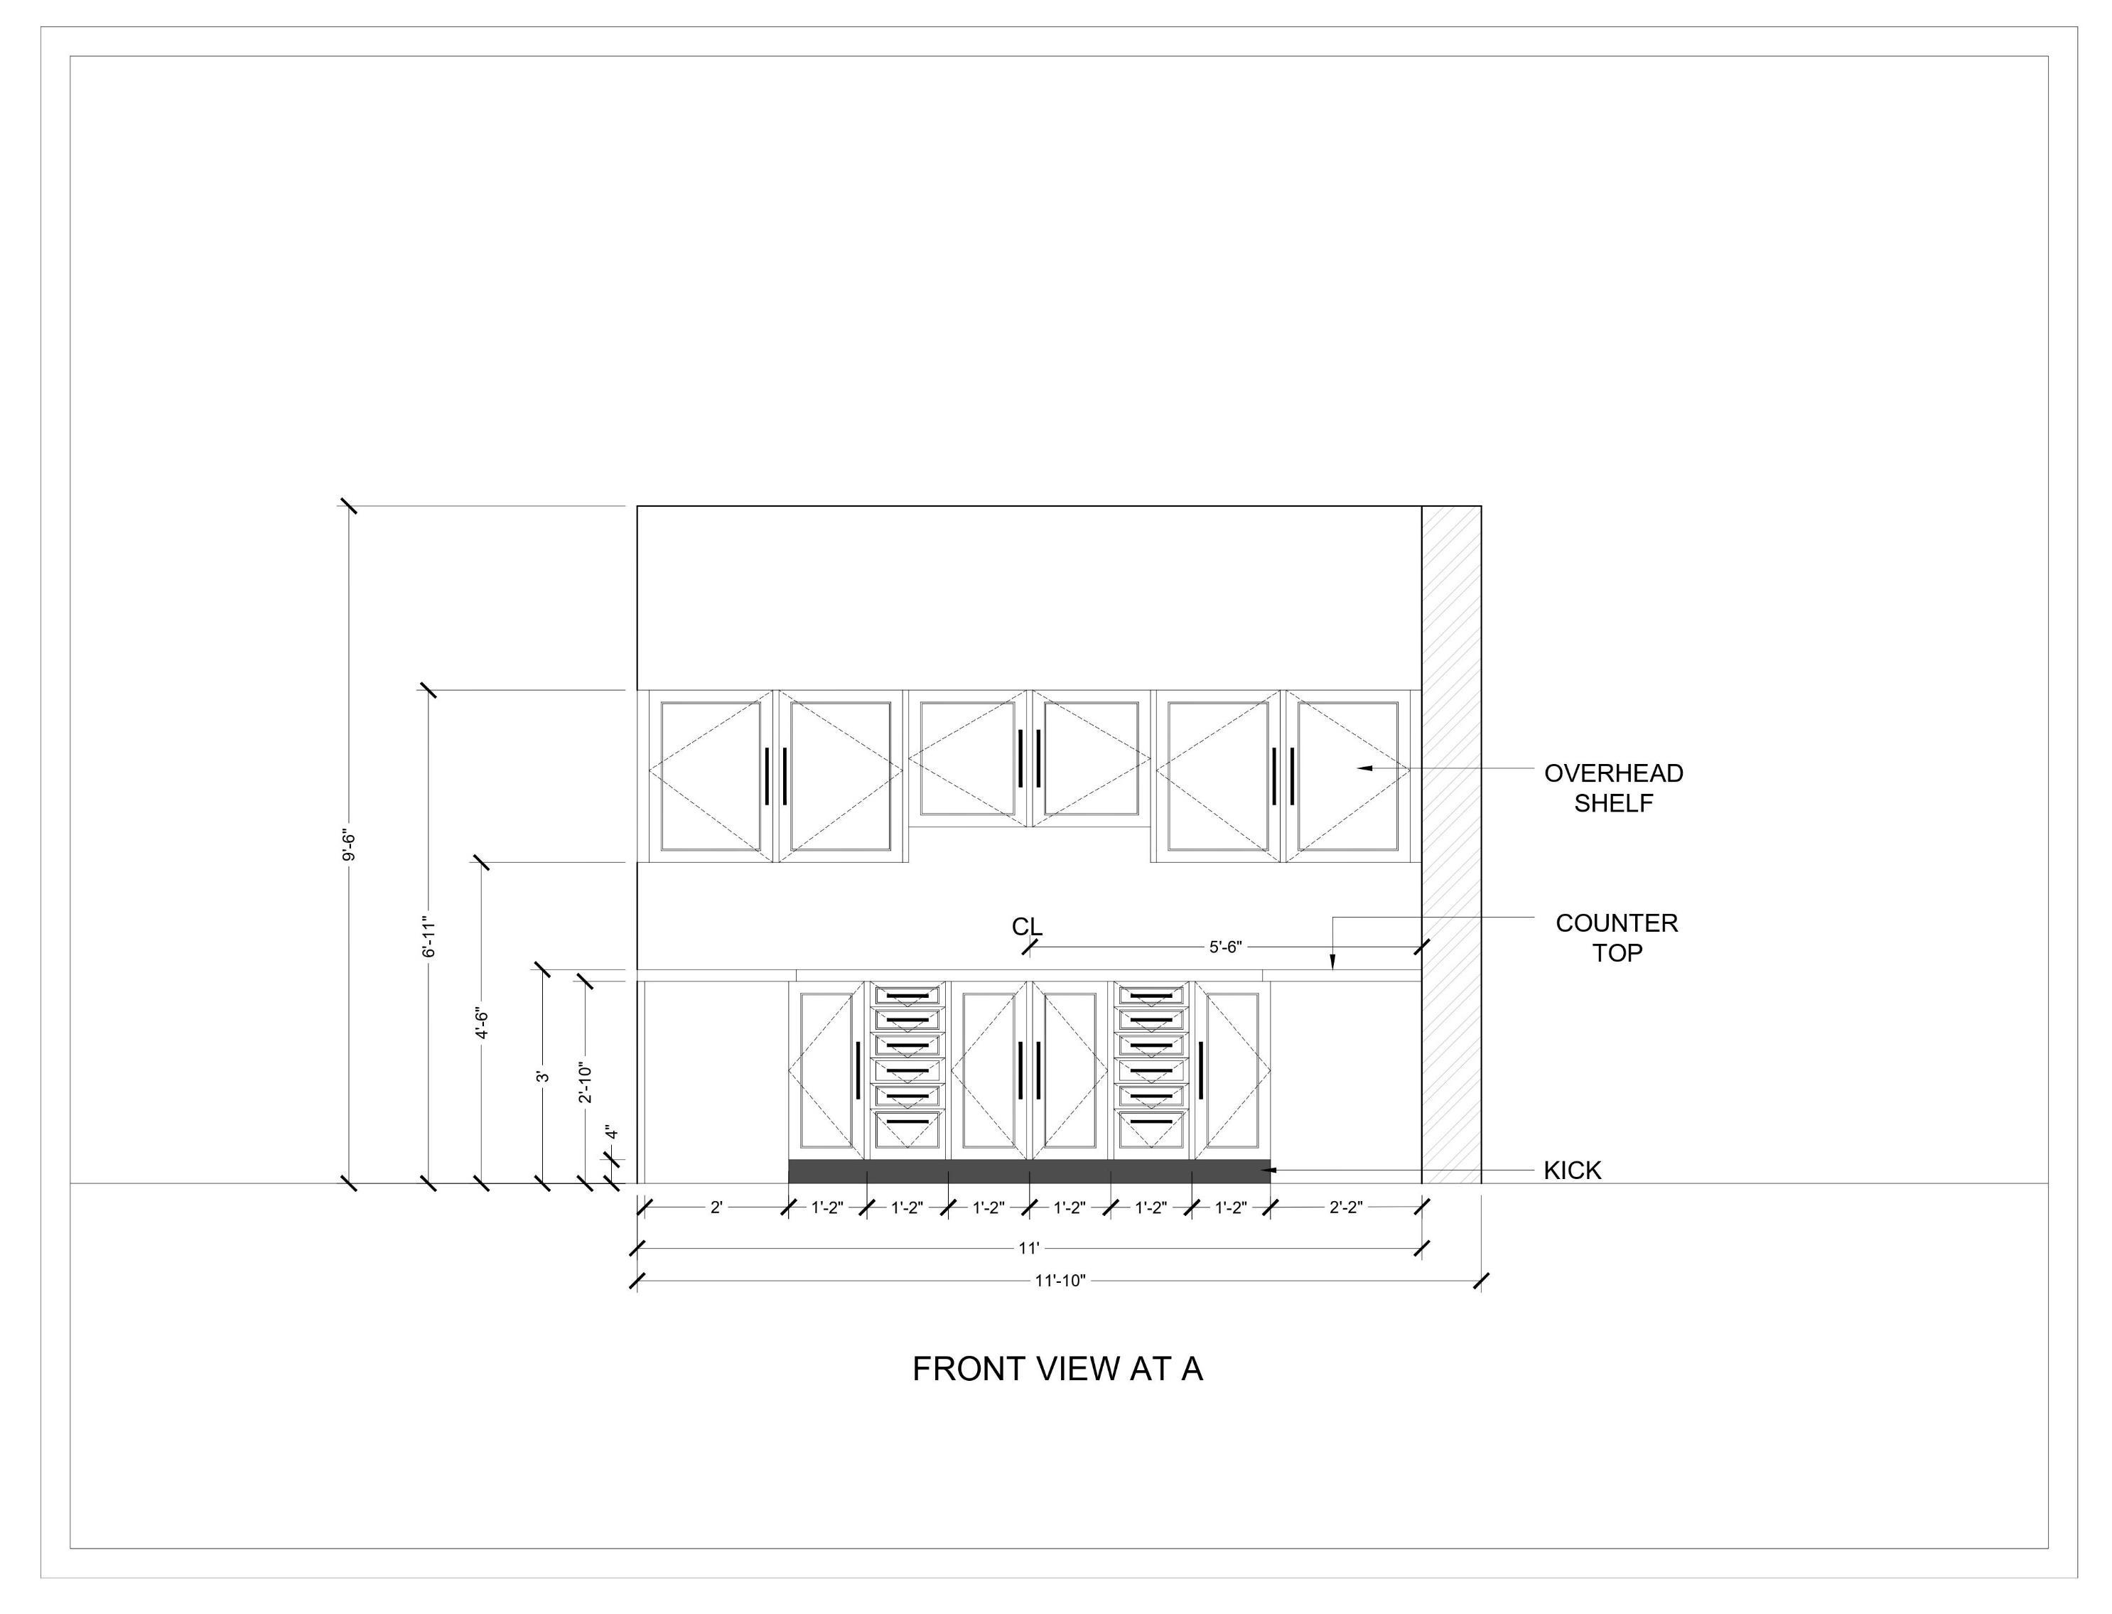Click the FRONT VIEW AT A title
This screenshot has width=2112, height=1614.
(1057, 1369)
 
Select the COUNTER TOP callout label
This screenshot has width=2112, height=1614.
(1617, 937)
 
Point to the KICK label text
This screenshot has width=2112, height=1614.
(1572, 1170)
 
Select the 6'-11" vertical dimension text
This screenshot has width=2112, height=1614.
(429, 937)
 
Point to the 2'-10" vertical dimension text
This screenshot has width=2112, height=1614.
(585, 1082)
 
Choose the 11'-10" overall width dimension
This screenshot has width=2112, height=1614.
(1060, 1281)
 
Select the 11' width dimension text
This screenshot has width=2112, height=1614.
(1028, 1249)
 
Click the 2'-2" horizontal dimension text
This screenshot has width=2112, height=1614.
(1345, 1207)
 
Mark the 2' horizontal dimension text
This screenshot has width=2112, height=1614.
(716, 1207)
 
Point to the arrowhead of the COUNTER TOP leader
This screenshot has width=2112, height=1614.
(1332, 964)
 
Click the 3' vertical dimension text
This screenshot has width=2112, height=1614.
(543, 1076)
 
